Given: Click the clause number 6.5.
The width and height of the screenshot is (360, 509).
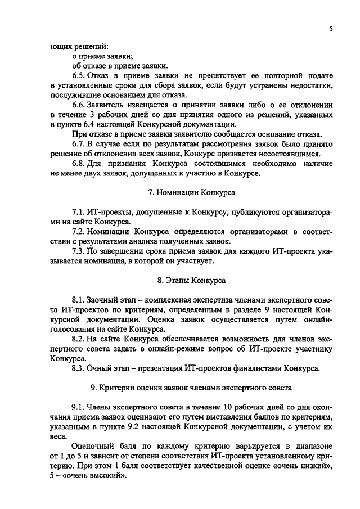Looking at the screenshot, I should click(79, 75).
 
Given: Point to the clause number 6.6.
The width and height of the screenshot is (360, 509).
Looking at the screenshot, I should click(79, 105).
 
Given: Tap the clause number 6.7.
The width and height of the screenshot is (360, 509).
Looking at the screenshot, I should click(79, 144).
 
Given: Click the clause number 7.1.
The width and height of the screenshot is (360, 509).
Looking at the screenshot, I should click(79, 212).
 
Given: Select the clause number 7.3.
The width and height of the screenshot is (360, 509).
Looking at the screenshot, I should click(79, 251).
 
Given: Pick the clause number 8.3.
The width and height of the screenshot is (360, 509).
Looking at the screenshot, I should click(79, 368).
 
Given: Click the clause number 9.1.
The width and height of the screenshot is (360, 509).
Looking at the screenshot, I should click(79, 407).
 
